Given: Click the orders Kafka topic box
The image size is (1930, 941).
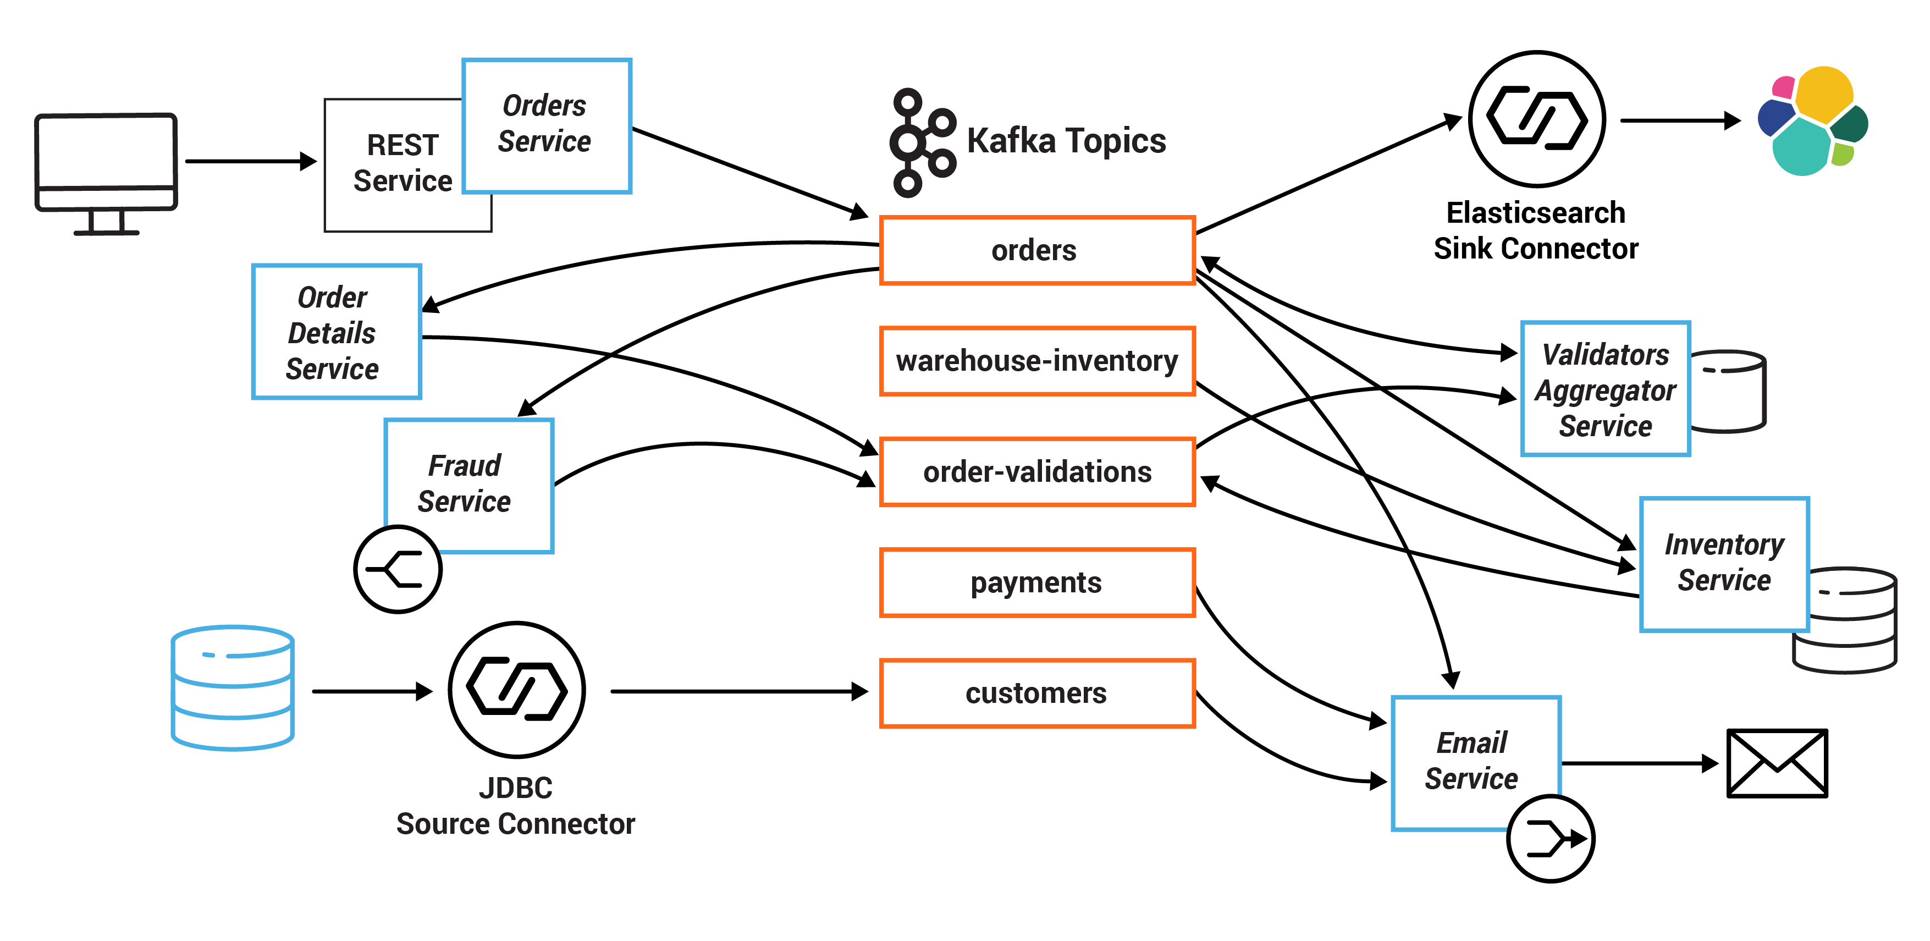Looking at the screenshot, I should (x=1037, y=250).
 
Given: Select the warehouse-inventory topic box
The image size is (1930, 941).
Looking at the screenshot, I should (x=1037, y=361).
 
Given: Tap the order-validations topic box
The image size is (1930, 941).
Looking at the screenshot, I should (x=1037, y=472).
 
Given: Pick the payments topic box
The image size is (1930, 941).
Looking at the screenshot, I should (x=1037, y=583).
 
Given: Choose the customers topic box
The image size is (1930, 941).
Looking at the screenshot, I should (x=1037, y=693).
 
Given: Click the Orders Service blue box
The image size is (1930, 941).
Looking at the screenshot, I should (x=546, y=125).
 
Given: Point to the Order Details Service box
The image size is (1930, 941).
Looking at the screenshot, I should (x=337, y=331).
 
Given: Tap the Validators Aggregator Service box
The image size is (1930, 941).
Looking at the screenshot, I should (x=1605, y=389).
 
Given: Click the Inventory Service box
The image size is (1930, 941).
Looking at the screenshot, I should (x=1723, y=563).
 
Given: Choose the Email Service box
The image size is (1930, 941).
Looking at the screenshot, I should (x=1475, y=761).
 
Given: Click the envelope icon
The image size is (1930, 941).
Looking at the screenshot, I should (x=1777, y=763).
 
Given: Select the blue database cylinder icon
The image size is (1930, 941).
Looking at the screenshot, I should (x=232, y=688).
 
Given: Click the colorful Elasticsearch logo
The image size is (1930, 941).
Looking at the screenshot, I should (x=1812, y=122).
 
